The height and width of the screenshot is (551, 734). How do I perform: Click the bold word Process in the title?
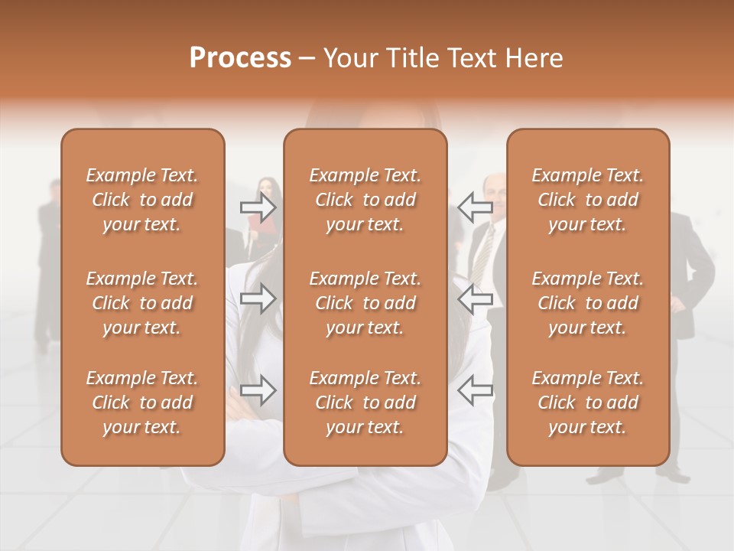pos(240,57)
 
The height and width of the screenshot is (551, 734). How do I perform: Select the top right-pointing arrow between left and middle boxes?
pos(258,207)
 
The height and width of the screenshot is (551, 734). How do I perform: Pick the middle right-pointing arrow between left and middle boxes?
pos(258,298)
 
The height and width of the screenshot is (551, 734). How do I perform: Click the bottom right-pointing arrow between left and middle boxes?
pos(258,391)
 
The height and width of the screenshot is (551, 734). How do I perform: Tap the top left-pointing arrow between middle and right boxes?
pos(476,207)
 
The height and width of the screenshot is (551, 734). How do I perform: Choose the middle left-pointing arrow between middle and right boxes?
pos(476,298)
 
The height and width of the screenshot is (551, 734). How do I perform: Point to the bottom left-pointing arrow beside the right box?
pos(476,391)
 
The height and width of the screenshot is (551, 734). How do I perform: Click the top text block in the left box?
pos(142,200)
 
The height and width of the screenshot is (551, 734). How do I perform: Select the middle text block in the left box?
pos(142,303)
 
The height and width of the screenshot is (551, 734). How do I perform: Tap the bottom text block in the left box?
pos(142,403)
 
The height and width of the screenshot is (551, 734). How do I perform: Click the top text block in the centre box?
pos(365,200)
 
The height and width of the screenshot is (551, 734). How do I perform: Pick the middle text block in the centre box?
pos(365,303)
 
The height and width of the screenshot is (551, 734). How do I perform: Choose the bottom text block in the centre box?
pos(365,403)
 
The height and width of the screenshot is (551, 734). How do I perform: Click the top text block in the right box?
pos(587,200)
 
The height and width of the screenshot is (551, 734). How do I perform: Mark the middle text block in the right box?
pos(587,303)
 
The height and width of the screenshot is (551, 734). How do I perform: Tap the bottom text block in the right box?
pos(587,403)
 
